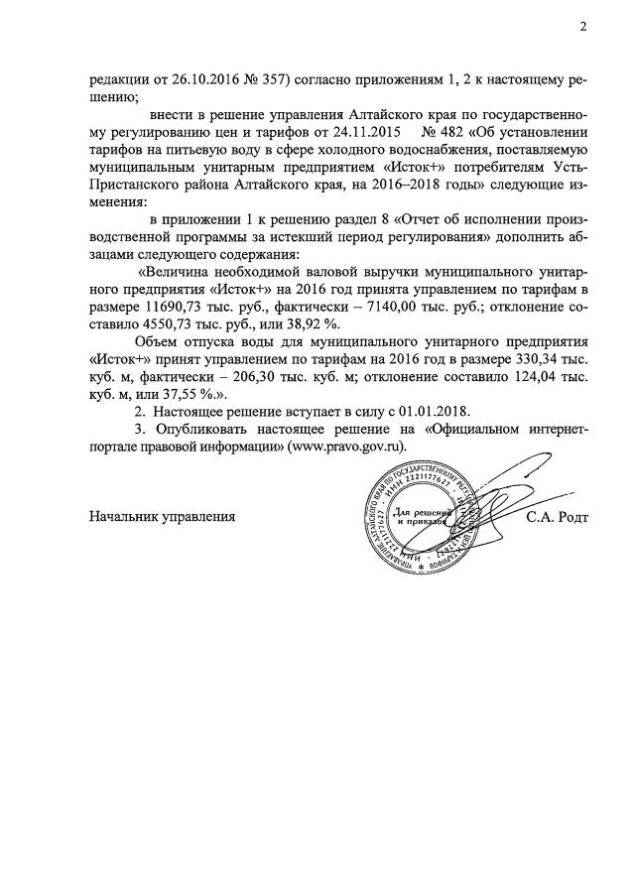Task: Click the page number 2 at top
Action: [583, 27]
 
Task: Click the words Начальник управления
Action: [162, 517]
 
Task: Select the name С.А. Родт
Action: [558, 517]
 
